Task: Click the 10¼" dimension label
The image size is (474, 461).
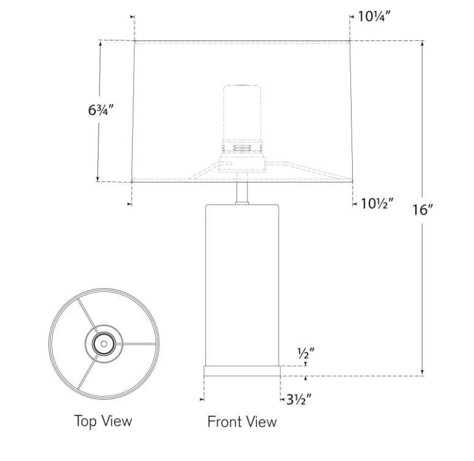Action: point(374,16)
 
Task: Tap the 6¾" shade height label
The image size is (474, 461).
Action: point(100,110)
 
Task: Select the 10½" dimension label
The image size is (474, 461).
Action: point(377,204)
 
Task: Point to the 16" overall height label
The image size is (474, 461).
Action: point(423,210)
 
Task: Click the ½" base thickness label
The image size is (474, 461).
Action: point(306,352)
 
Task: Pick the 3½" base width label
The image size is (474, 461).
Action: point(298,400)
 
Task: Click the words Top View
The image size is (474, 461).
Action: point(103,421)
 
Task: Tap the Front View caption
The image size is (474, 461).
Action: point(242,422)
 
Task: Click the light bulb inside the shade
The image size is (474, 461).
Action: point(242,112)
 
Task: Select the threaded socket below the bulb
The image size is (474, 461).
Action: point(242,147)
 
